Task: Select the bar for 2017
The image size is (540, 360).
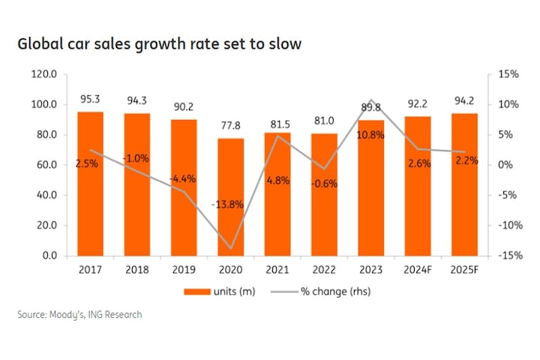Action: coord(91,184)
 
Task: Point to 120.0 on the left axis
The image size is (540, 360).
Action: coord(44,74)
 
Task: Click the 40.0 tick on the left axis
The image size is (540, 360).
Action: coord(46,195)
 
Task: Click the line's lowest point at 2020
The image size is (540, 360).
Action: coord(231,248)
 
